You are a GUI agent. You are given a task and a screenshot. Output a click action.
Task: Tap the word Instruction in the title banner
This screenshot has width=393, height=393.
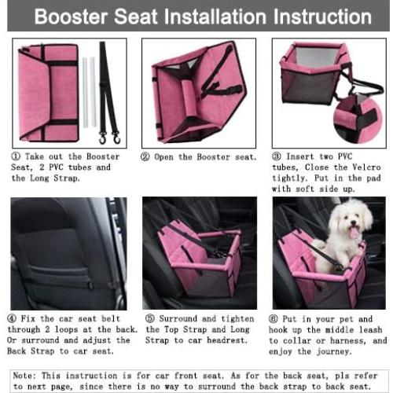pos(307,16)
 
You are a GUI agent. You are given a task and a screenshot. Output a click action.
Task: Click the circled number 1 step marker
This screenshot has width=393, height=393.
pos(17,156)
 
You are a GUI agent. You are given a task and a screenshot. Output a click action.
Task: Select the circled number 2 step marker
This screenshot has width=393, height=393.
pos(146,156)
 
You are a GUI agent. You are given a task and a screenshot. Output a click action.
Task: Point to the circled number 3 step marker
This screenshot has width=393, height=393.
pos(277,156)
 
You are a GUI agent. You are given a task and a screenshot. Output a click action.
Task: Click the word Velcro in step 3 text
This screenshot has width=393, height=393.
pos(365,167)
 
